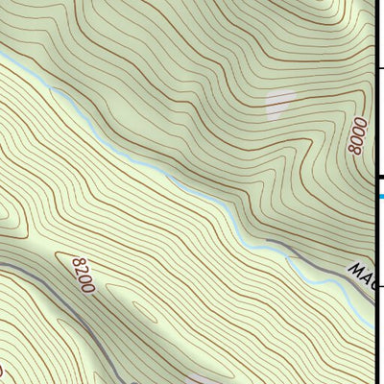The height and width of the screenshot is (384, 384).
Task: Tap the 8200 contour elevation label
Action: click(84, 273)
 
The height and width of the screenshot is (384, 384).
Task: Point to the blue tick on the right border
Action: click(380, 196)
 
